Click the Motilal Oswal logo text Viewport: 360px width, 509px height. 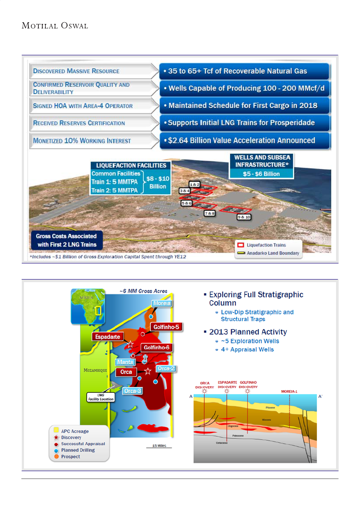55,26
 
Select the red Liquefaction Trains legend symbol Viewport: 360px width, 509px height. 240,245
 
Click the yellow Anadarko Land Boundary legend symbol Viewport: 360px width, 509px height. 240,253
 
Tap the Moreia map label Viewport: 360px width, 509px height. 162,303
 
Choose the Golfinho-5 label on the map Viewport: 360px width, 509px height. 164,327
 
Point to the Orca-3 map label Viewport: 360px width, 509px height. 132,391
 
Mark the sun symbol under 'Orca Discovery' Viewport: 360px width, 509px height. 205,391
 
